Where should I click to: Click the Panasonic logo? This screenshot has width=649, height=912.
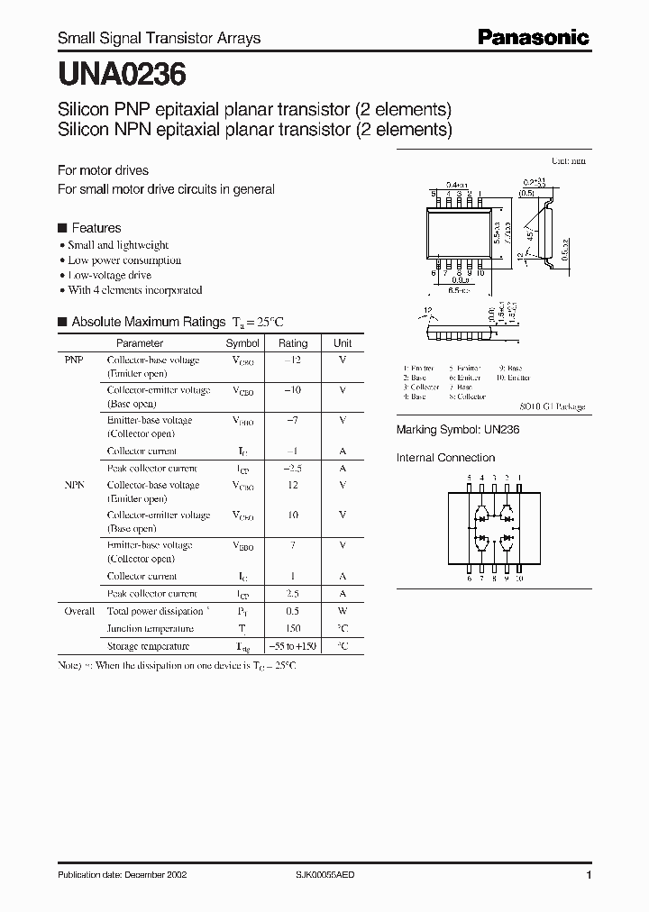coord(533,37)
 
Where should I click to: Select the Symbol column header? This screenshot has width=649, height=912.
coord(242,343)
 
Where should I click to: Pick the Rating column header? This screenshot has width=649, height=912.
coord(293,343)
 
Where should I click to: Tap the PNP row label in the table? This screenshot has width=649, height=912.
coord(74,360)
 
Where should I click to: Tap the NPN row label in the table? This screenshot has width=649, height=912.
coord(74,485)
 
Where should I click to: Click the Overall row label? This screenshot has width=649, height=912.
coord(79,611)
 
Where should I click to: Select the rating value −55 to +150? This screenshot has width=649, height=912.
coord(293,647)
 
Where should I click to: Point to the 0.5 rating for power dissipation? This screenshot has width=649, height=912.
coord(293,611)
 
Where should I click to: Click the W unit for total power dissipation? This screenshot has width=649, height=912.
coord(343,611)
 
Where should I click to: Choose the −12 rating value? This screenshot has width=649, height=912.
coord(292,360)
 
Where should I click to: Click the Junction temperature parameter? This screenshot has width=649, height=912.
coord(150,629)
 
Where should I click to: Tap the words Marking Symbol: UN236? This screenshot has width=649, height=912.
coord(458,431)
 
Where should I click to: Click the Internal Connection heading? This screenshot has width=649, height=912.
coord(446,458)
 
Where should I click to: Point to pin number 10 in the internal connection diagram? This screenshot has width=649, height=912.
coord(519,579)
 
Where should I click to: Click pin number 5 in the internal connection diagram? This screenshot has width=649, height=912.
coord(470,478)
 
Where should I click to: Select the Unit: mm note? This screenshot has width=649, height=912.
coord(568,160)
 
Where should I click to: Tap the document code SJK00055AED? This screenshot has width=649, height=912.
coord(332,875)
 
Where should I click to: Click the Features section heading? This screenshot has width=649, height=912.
coord(96,228)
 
